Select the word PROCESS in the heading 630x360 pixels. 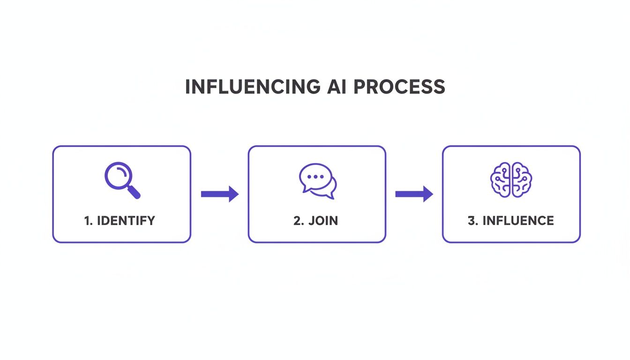[399, 88]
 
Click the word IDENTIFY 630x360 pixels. [126, 221]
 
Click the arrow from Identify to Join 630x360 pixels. [219, 194]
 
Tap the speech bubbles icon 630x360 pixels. [317, 181]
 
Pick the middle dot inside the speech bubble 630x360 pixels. [315, 177]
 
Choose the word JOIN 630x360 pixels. [323, 221]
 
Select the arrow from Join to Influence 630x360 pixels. [414, 194]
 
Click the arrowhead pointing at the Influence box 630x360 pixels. [427, 194]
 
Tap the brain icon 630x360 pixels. [511, 180]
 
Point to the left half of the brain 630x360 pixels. [501, 180]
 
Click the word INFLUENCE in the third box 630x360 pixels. [518, 221]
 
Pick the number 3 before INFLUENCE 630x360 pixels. [471, 221]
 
